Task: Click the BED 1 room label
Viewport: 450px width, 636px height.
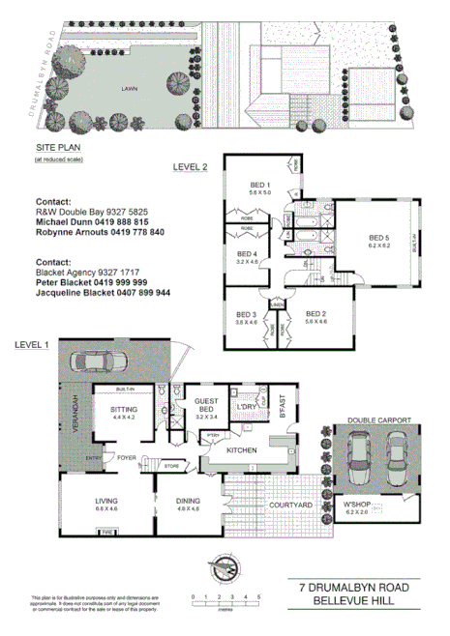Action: coord(259,185)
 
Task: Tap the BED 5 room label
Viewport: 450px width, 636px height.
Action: coord(378,237)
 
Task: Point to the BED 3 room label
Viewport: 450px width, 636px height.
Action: coord(246,314)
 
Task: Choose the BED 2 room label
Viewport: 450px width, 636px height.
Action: coord(315,314)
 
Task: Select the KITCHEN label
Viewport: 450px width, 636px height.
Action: coord(239,451)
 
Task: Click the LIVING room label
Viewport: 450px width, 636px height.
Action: coord(105,501)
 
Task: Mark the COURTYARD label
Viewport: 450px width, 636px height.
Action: coord(290,506)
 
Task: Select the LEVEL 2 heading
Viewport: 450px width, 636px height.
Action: coord(190,166)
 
